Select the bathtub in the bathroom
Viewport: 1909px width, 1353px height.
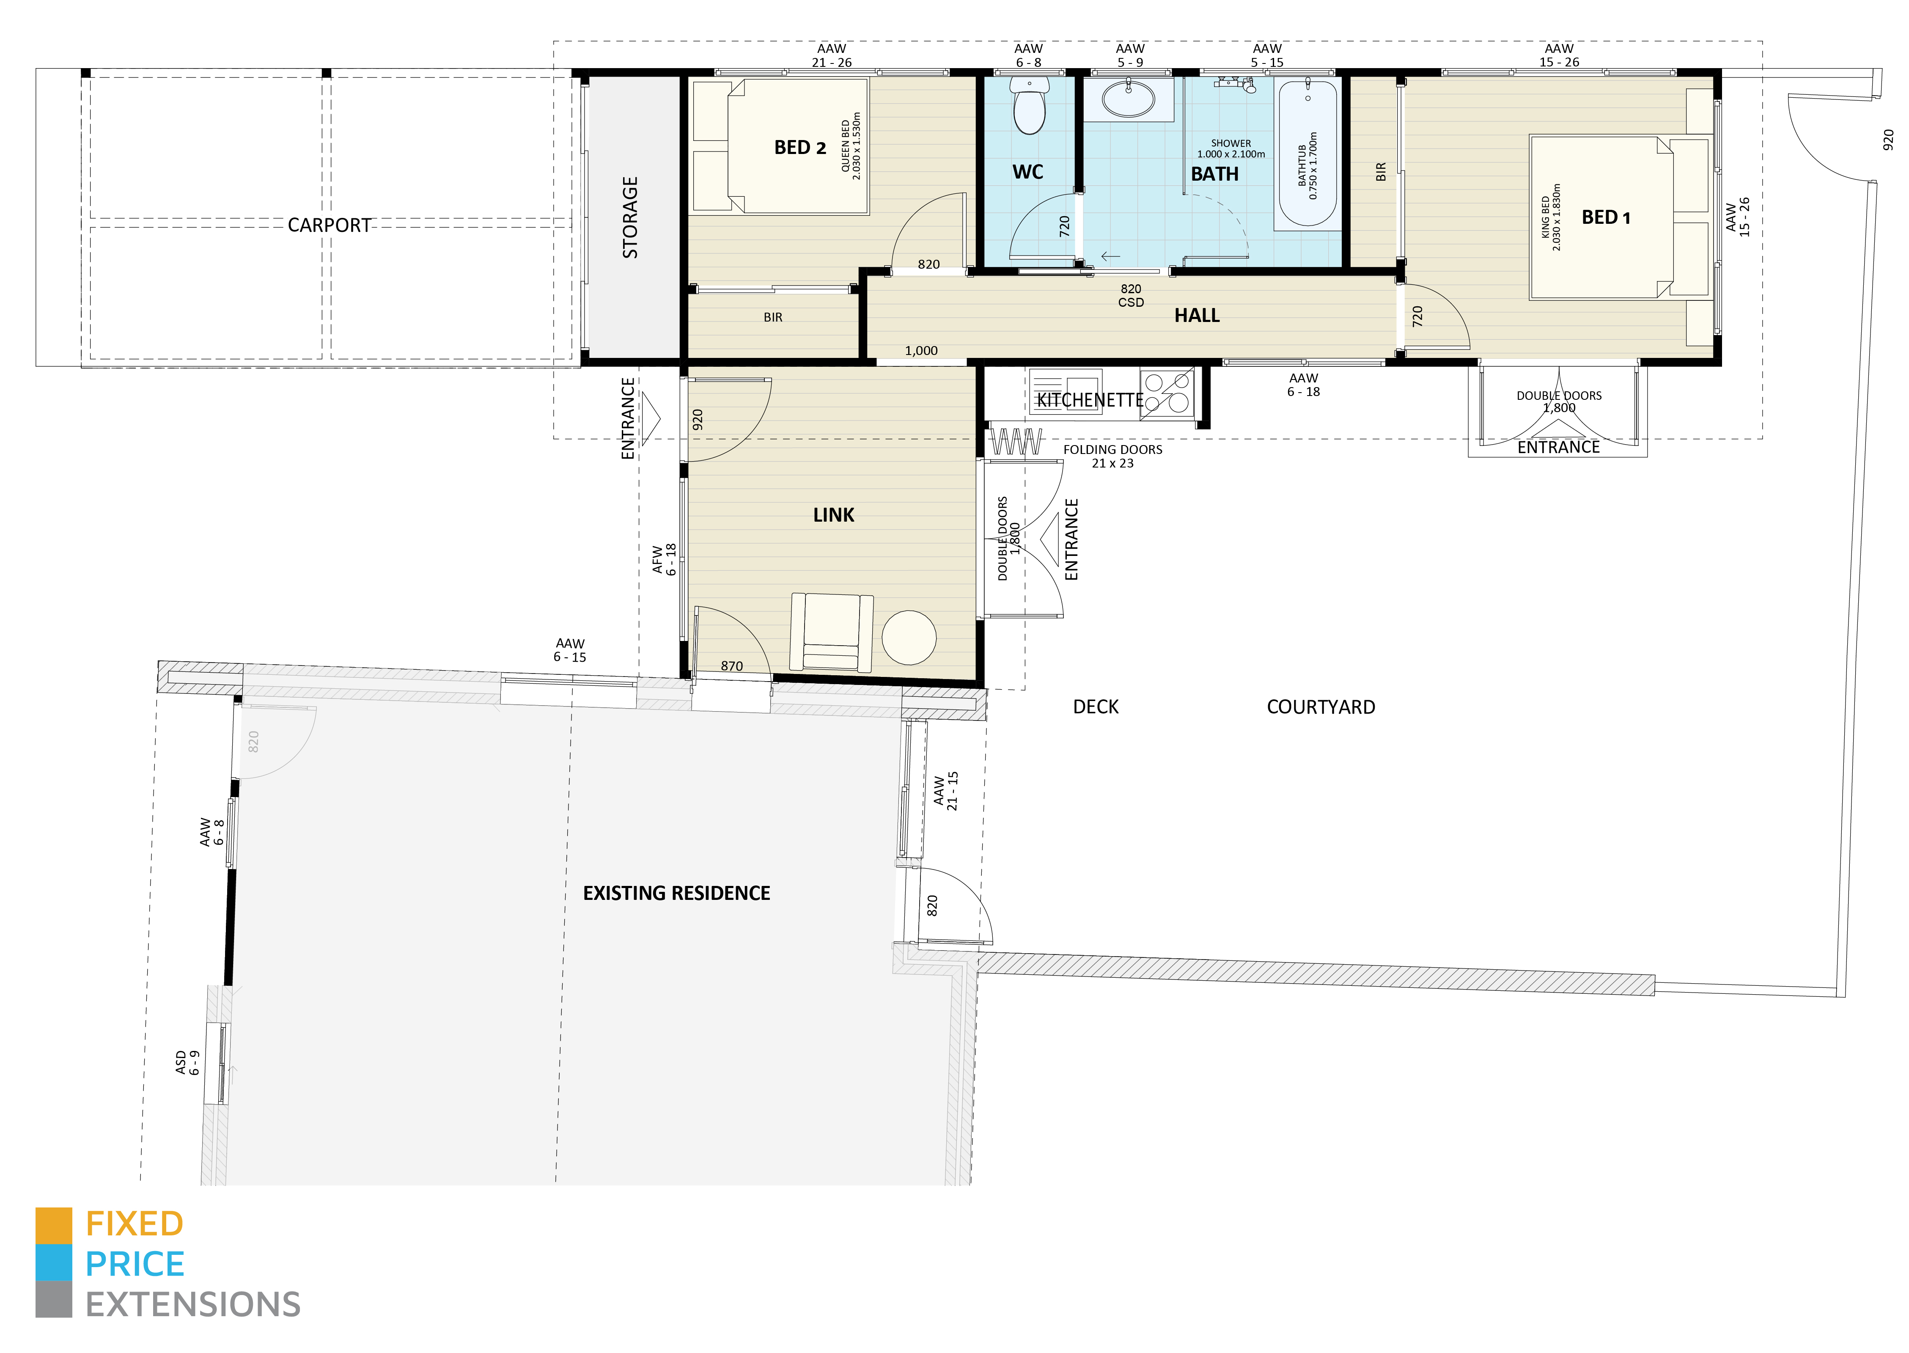pyautogui.click(x=1307, y=154)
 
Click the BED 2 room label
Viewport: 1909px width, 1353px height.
pyautogui.click(x=799, y=148)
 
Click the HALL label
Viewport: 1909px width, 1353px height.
pyautogui.click(x=1196, y=316)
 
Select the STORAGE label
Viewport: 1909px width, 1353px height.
pyautogui.click(x=631, y=217)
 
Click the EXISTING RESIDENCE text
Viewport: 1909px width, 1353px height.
pyautogui.click(x=676, y=893)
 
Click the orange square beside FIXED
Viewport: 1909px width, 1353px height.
pyautogui.click(x=53, y=1225)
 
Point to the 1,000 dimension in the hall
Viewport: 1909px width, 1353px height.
pyautogui.click(x=921, y=351)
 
